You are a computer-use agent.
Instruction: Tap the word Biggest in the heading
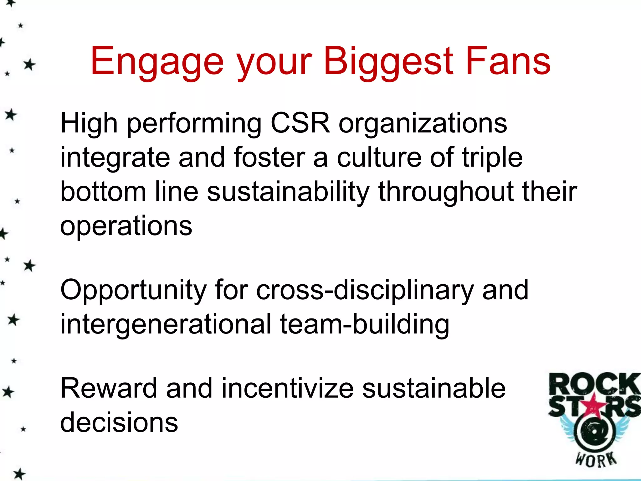[388, 62]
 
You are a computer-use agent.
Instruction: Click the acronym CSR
[300, 123]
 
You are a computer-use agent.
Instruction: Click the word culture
[379, 157]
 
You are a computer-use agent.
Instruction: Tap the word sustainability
[288, 192]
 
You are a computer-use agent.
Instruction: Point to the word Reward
[108, 388]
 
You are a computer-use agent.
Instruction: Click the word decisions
[119, 423]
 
